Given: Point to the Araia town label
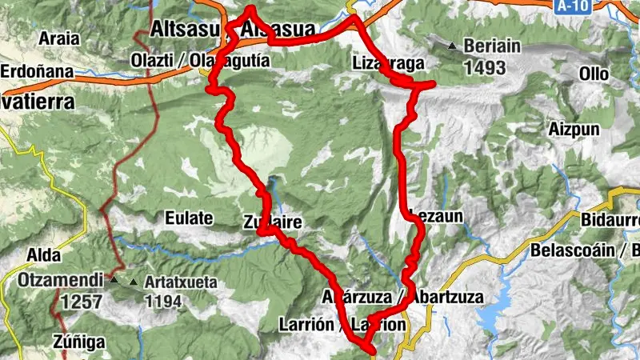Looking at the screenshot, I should (60, 38).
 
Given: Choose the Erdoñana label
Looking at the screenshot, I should (37, 70).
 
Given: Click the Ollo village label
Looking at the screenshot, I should (594, 74).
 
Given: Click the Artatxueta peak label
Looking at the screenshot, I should (182, 282).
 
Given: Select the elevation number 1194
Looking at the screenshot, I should (163, 302).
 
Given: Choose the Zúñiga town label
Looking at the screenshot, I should (79, 342).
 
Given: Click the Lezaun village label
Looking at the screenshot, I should (434, 214).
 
